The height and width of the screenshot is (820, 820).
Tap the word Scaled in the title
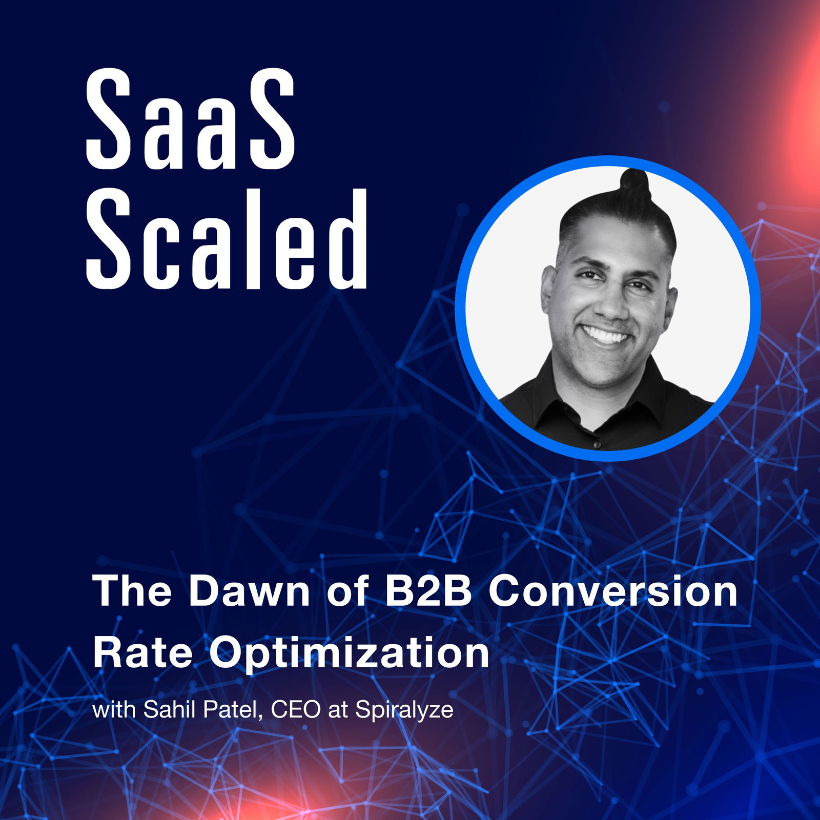coord(227,239)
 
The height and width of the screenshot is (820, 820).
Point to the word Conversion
coord(613,591)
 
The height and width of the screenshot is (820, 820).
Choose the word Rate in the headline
coord(142,652)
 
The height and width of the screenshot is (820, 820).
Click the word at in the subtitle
coord(338,711)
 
